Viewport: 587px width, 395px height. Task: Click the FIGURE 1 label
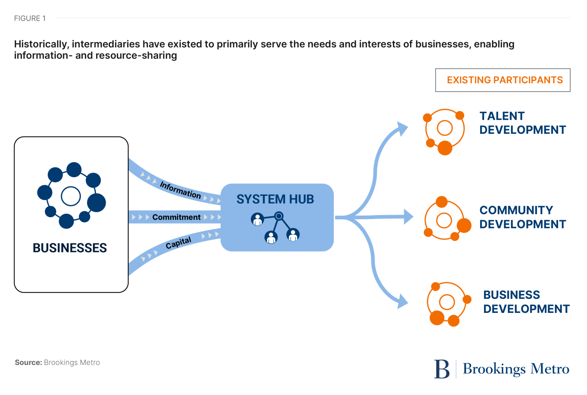pos(30,18)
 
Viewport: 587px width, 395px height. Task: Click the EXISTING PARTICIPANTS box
pos(502,80)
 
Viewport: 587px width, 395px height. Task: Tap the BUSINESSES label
pos(70,248)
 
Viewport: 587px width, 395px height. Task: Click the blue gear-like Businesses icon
pos(71,196)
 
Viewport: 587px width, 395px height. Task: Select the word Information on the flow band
pos(180,190)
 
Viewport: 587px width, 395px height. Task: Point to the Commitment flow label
pos(176,217)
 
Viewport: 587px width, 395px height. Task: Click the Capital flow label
pos(178,243)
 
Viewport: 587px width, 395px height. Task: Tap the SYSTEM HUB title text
pos(275,199)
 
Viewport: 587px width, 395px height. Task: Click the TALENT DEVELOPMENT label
pos(522,123)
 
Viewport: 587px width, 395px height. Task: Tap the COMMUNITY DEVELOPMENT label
pos(522,217)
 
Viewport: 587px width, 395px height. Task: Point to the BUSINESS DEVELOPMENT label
pos(526,302)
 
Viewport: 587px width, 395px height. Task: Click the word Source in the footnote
pos(28,363)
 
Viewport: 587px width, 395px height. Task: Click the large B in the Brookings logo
pos(442,369)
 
